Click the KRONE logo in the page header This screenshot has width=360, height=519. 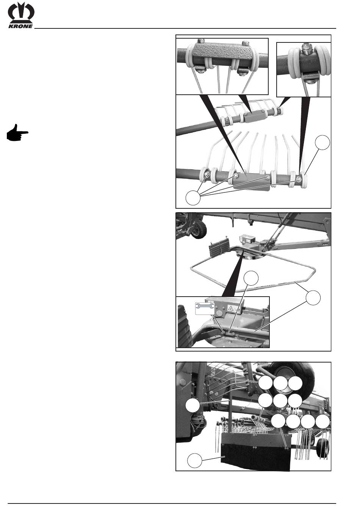[x=21, y=15]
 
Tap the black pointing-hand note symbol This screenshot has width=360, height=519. [x=17, y=133]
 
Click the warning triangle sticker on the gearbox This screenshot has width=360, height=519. [x=231, y=308]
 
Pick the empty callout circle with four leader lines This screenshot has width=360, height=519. [x=193, y=198]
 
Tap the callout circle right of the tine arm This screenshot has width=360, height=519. [x=322, y=142]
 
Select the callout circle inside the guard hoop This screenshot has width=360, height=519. [x=252, y=278]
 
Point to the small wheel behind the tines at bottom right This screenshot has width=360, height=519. [x=323, y=447]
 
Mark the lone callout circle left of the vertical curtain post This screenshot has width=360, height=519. [x=193, y=406]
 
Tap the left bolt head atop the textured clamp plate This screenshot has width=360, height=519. [x=201, y=41]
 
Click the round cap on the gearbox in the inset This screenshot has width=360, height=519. [x=219, y=314]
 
